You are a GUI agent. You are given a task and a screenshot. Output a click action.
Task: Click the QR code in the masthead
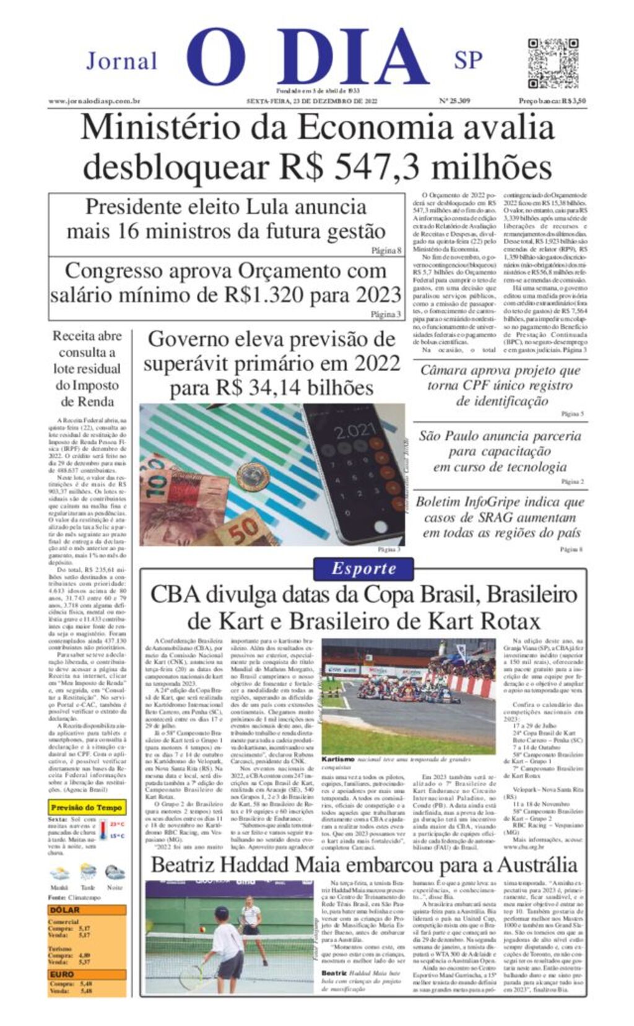click(552, 63)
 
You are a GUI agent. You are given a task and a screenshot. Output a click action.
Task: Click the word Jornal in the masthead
click(122, 61)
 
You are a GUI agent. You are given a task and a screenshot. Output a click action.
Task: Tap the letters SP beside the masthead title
click(468, 60)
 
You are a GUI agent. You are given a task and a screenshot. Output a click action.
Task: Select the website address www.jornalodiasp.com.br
click(94, 101)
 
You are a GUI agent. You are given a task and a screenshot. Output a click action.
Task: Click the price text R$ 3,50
click(570, 101)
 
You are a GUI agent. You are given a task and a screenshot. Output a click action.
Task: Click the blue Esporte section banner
click(363, 568)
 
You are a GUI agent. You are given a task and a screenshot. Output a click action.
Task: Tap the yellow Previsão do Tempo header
click(87, 808)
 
